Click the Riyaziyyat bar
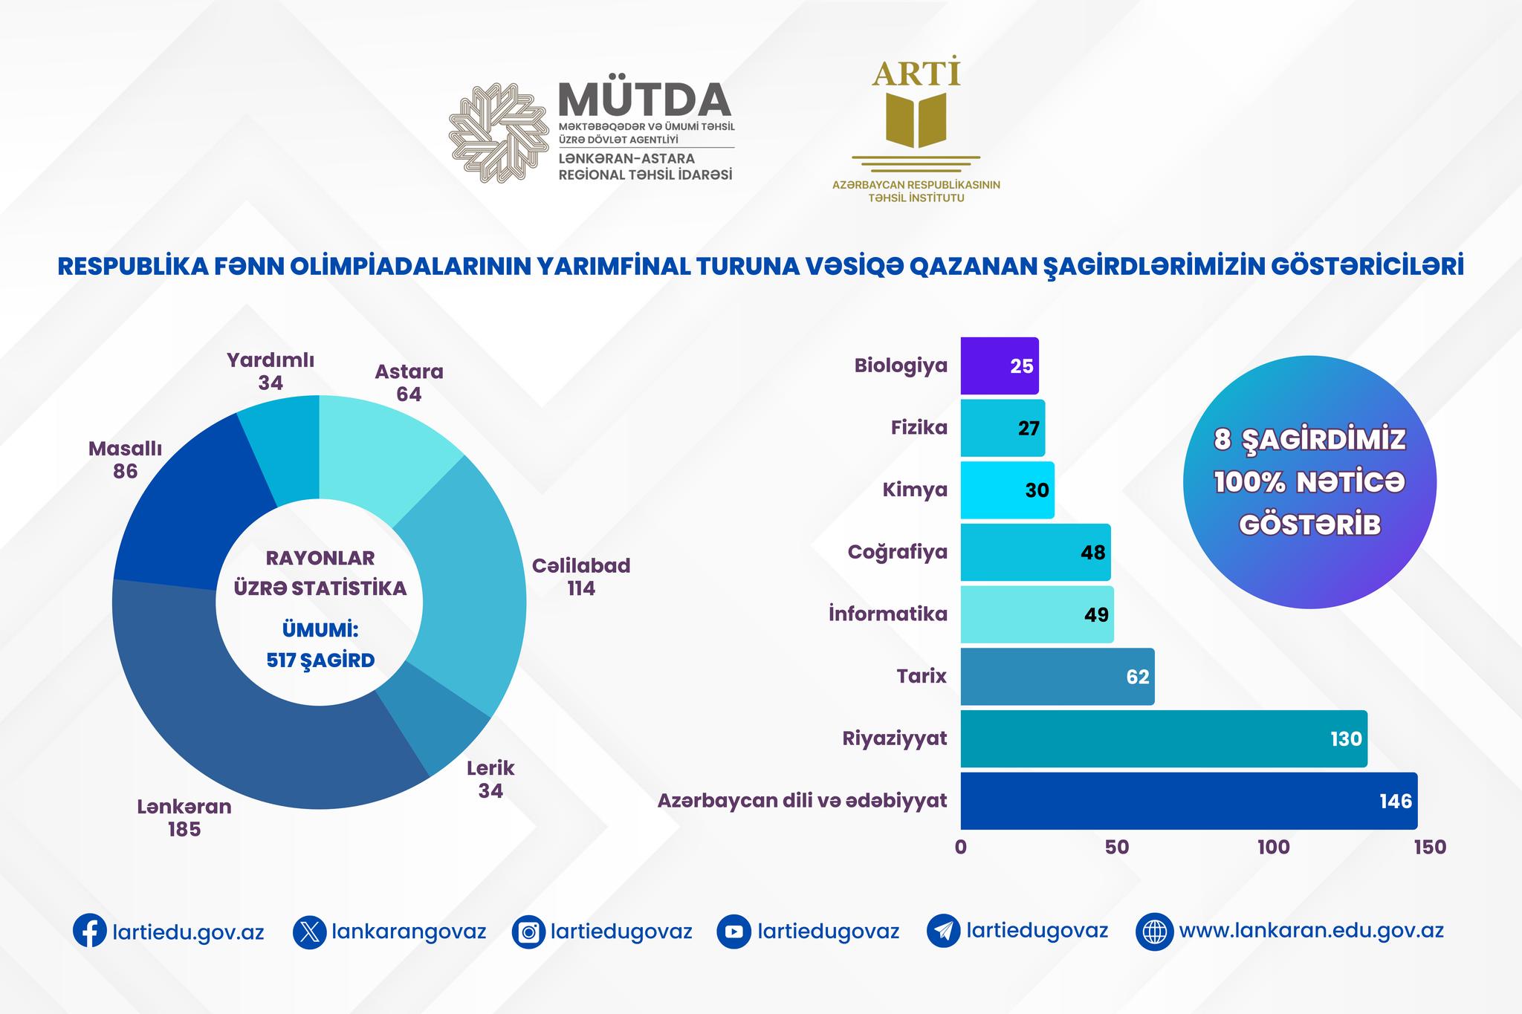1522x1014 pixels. [x=1163, y=738]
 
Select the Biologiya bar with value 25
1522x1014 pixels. [x=999, y=365]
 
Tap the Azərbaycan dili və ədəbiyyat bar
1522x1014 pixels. [x=1188, y=801]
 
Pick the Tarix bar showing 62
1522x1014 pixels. [x=1057, y=677]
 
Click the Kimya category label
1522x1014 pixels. [x=915, y=490]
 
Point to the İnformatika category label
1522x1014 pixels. [x=888, y=614]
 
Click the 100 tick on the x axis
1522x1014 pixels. [x=1273, y=848]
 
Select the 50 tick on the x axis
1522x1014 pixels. [x=1117, y=848]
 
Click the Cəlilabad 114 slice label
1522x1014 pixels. [x=581, y=577]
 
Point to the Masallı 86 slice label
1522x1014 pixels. [x=125, y=460]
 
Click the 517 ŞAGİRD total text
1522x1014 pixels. [x=320, y=660]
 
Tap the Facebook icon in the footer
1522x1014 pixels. [x=89, y=932]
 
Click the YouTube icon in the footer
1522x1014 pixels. [x=734, y=932]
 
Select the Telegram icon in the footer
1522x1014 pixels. [x=944, y=932]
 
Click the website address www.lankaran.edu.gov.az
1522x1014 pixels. [x=1311, y=931]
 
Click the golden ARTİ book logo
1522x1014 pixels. [x=916, y=119]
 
